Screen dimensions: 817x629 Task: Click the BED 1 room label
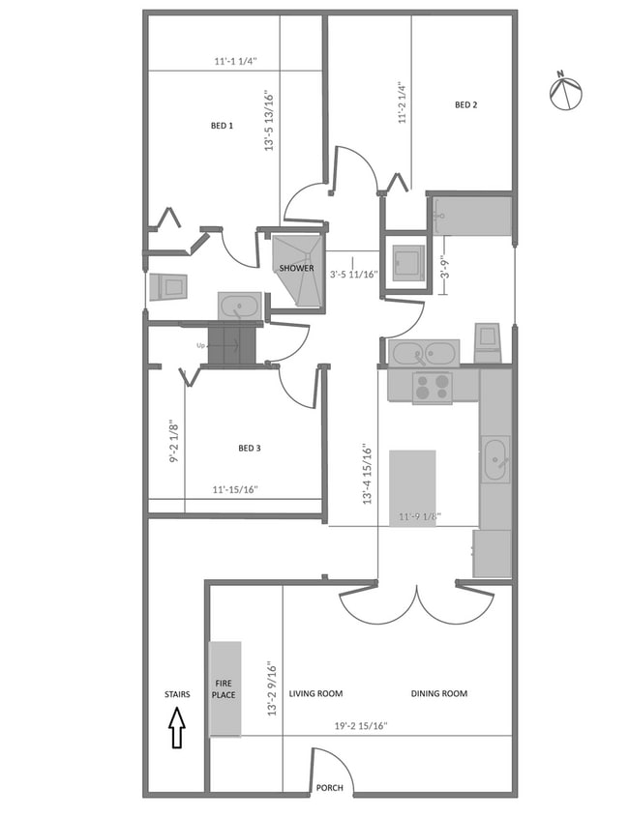tap(222, 126)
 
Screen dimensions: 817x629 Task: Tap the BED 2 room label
tap(466, 104)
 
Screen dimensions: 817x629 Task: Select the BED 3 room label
tap(249, 448)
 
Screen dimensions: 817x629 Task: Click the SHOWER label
tap(296, 268)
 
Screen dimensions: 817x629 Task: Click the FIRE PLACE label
tap(225, 687)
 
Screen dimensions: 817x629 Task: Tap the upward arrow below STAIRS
tap(176, 728)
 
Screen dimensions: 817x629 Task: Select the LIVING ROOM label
tap(315, 693)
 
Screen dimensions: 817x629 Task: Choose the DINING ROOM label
tap(438, 693)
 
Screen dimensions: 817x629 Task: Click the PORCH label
tap(329, 788)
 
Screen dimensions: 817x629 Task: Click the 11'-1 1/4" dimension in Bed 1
tap(235, 61)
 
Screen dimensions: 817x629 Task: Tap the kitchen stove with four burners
tap(433, 387)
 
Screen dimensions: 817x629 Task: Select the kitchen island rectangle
tap(412, 487)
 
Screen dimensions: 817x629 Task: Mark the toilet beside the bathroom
tap(169, 287)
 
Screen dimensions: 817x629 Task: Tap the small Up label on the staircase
tap(201, 345)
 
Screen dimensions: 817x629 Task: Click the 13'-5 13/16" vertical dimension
tap(269, 121)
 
